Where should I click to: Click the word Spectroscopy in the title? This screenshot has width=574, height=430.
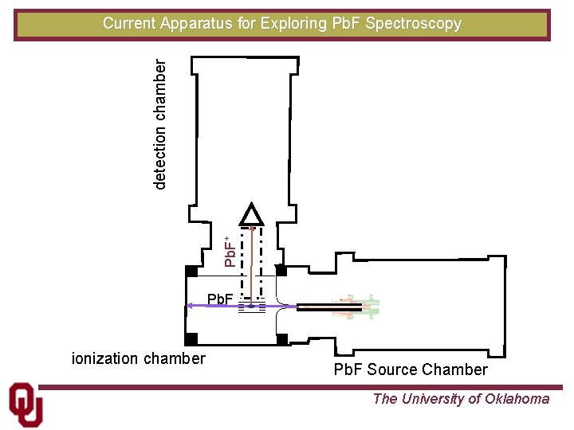413,23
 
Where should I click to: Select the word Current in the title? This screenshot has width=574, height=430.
129,23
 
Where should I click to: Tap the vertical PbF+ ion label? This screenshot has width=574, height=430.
230,251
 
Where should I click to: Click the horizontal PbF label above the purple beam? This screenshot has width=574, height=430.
220,299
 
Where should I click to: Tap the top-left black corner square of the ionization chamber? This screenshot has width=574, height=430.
191,271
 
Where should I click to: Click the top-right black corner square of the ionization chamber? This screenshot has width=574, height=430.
281,271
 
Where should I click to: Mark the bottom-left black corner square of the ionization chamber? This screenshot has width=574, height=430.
191,339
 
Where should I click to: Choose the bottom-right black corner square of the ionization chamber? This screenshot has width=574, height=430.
281,339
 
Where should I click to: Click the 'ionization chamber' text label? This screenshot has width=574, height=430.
139,358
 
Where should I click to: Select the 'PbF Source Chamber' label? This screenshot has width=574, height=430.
410,369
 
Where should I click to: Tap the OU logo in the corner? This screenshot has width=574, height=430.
26,405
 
